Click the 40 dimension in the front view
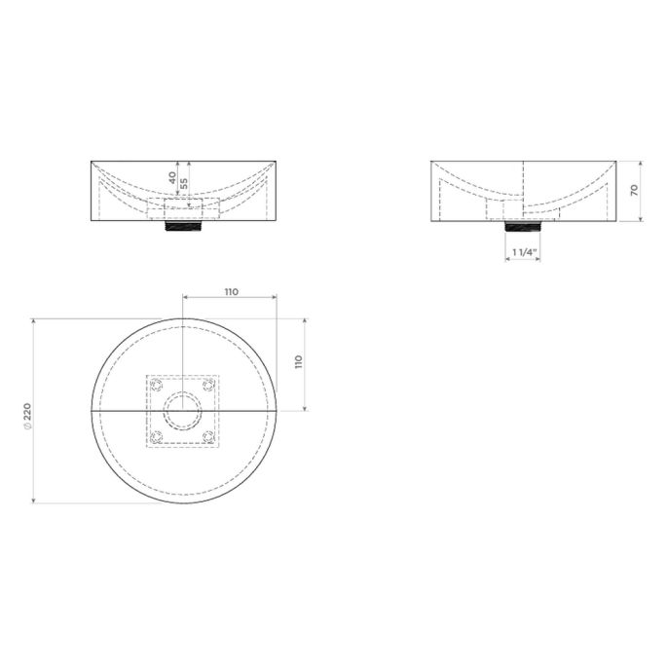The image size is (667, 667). [x=172, y=180]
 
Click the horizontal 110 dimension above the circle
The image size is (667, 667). [x=232, y=291]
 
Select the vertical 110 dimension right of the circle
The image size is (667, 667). [x=299, y=361]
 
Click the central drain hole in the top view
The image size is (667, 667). [x=183, y=411]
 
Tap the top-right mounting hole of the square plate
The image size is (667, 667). [x=207, y=385]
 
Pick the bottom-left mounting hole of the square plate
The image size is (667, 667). [x=157, y=436]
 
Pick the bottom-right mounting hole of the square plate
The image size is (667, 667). [x=207, y=436]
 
